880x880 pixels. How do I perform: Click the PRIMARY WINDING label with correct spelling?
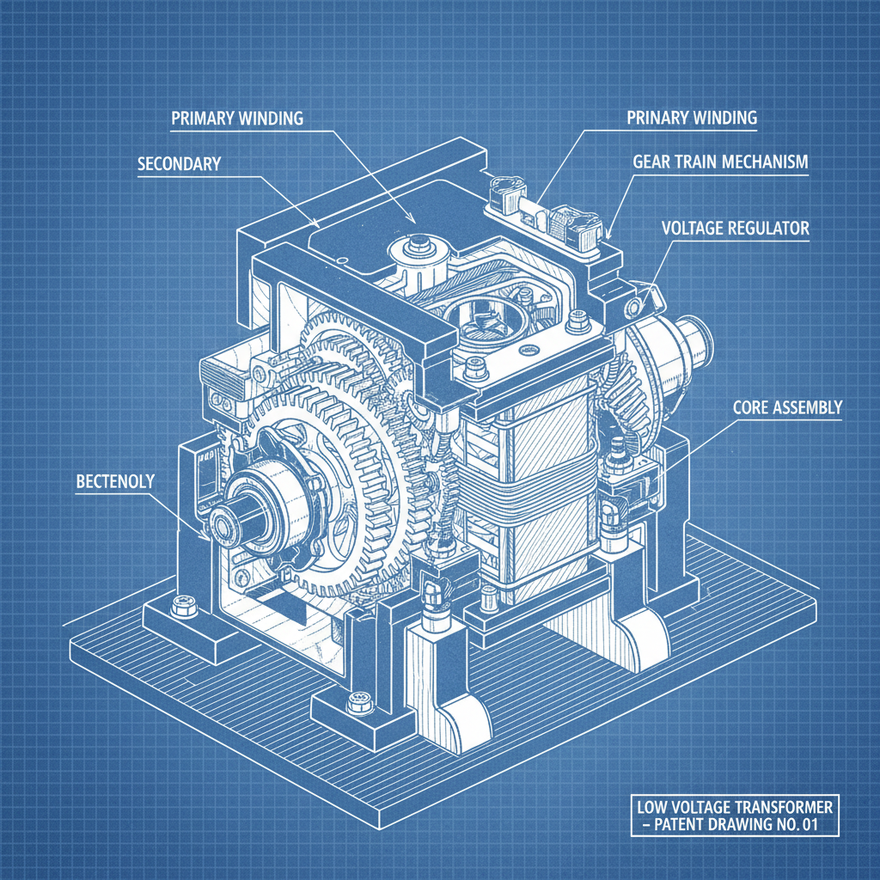click(237, 118)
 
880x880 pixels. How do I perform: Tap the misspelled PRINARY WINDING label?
click(692, 118)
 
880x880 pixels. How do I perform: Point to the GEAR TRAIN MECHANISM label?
click(720, 162)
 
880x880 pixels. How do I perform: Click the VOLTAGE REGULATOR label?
click(735, 229)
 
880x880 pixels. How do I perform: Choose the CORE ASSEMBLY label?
click(787, 407)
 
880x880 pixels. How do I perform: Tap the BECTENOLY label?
click(114, 481)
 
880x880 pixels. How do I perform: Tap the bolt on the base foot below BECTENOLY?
click(182, 608)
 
